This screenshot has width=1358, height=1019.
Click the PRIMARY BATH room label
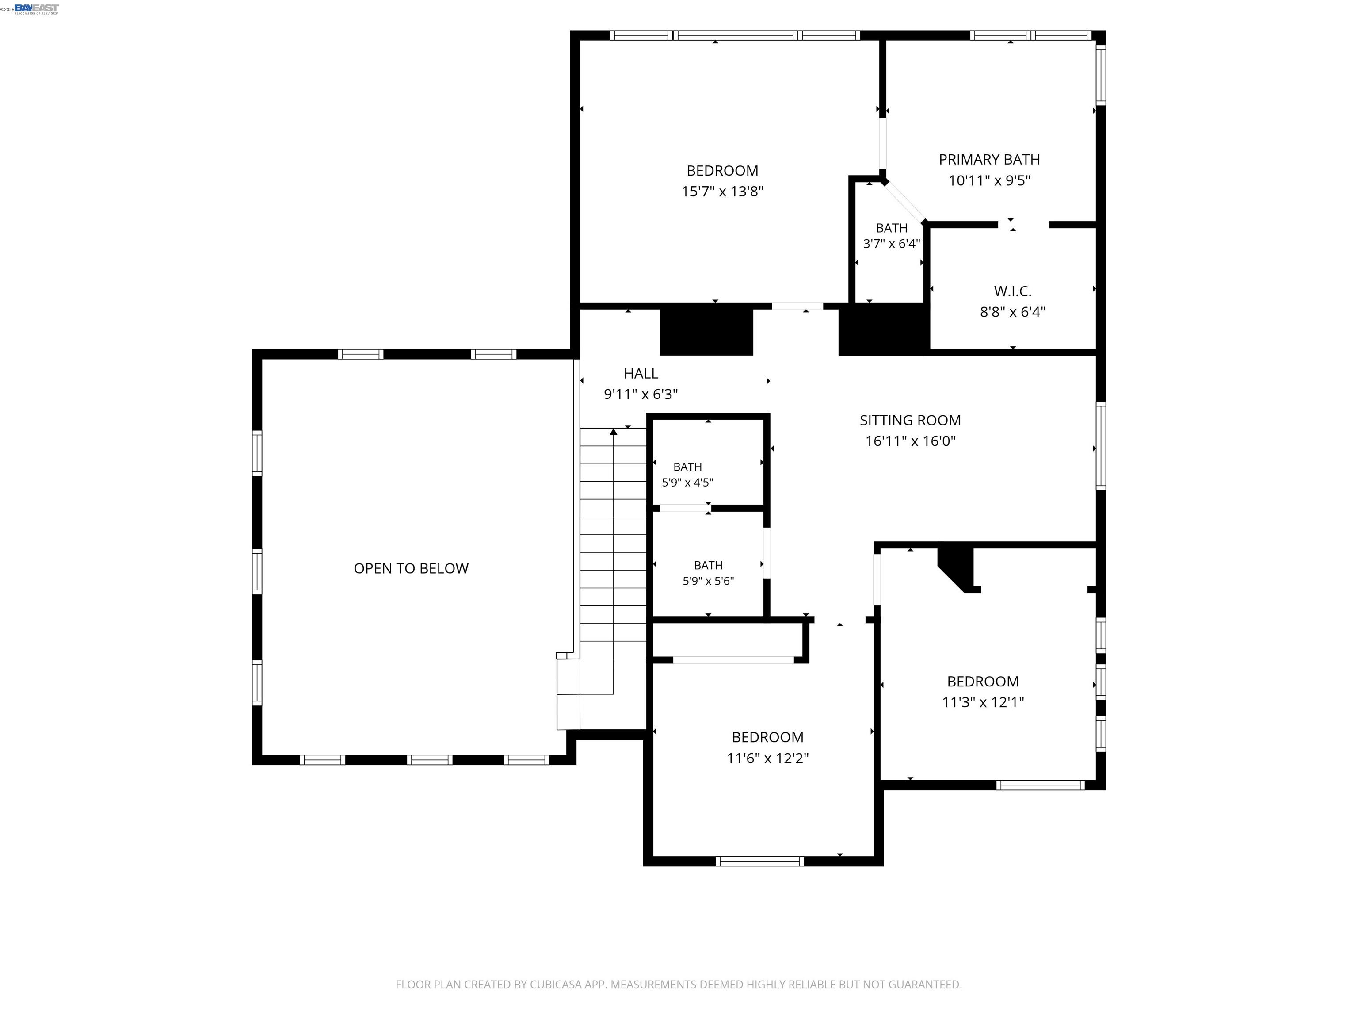[989, 160]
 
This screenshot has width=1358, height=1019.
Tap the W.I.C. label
[1012, 291]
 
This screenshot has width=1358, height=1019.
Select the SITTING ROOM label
[910, 420]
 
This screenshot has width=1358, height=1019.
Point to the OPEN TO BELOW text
[411, 568]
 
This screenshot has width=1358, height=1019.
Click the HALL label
[641, 373]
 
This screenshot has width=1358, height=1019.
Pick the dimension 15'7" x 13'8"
[722, 191]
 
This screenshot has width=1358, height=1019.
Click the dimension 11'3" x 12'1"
[983, 702]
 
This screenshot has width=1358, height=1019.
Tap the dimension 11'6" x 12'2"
[767, 758]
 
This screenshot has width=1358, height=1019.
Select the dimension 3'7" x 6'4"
[892, 244]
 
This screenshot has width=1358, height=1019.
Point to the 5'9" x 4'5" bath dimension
[687, 482]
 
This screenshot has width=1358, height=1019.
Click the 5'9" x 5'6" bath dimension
[708, 580]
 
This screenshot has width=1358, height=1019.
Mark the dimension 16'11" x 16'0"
[910, 441]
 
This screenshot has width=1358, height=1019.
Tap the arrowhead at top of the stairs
[613, 432]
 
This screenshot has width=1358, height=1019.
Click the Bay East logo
[37, 8]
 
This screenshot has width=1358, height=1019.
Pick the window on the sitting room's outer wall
[1101, 446]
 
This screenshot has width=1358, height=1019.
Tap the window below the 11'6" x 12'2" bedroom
[759, 861]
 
